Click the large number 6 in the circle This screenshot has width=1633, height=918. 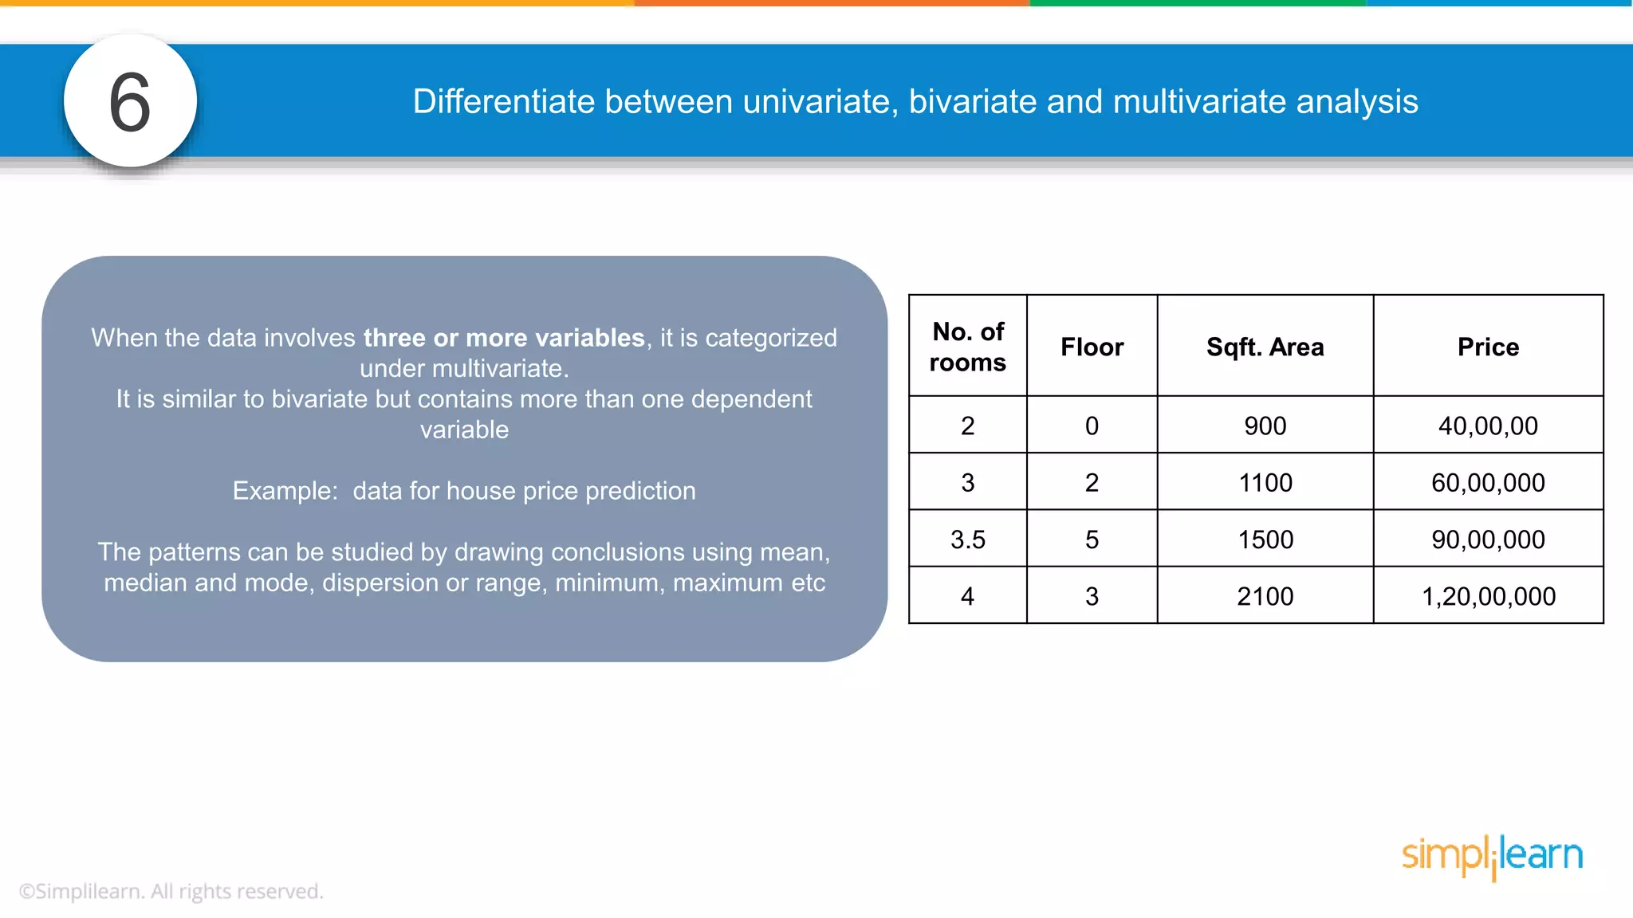tap(130, 102)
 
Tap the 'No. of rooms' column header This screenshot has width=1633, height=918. tap(968, 347)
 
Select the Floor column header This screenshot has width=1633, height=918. tap(1092, 347)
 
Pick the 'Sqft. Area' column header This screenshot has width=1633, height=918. tap(1265, 347)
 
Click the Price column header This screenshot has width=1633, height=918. tap(1488, 347)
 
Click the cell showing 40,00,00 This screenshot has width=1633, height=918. tap(1488, 426)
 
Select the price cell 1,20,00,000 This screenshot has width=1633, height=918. tap(1488, 596)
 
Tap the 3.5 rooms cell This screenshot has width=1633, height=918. tap(968, 539)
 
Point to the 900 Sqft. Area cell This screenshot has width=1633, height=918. tap(1265, 426)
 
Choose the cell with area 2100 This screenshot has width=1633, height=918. tap(1265, 596)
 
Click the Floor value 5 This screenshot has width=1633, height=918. tap(1092, 539)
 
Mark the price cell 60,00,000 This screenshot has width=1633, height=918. tap(1488, 482)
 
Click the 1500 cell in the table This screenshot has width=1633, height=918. tap(1265, 539)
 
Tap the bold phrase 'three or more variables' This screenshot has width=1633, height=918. tap(504, 338)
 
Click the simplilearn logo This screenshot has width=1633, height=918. tap(1492, 856)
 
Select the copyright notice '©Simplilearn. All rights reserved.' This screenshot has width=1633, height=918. tap(171, 891)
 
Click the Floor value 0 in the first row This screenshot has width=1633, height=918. tap(1092, 426)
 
